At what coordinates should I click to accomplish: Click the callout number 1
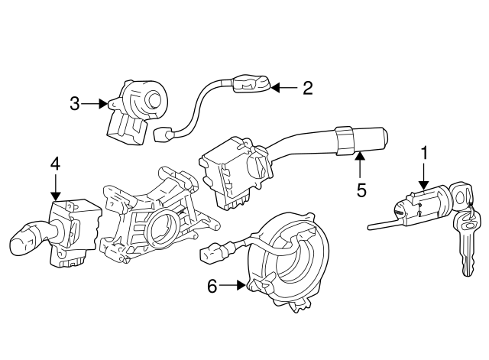coord(423,154)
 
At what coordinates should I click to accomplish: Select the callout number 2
coord(307,89)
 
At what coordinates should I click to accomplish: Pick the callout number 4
coord(55,163)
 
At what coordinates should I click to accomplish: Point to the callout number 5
coord(361,190)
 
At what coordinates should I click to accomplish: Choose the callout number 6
coord(213,286)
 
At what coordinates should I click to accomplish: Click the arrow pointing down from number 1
coord(423,180)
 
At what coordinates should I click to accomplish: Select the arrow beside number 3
coord(96,104)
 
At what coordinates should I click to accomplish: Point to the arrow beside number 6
coord(234,286)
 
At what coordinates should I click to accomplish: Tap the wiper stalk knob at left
coord(25,242)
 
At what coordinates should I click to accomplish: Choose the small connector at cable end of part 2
coord(163,135)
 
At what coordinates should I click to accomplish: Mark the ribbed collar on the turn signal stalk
coord(344,138)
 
